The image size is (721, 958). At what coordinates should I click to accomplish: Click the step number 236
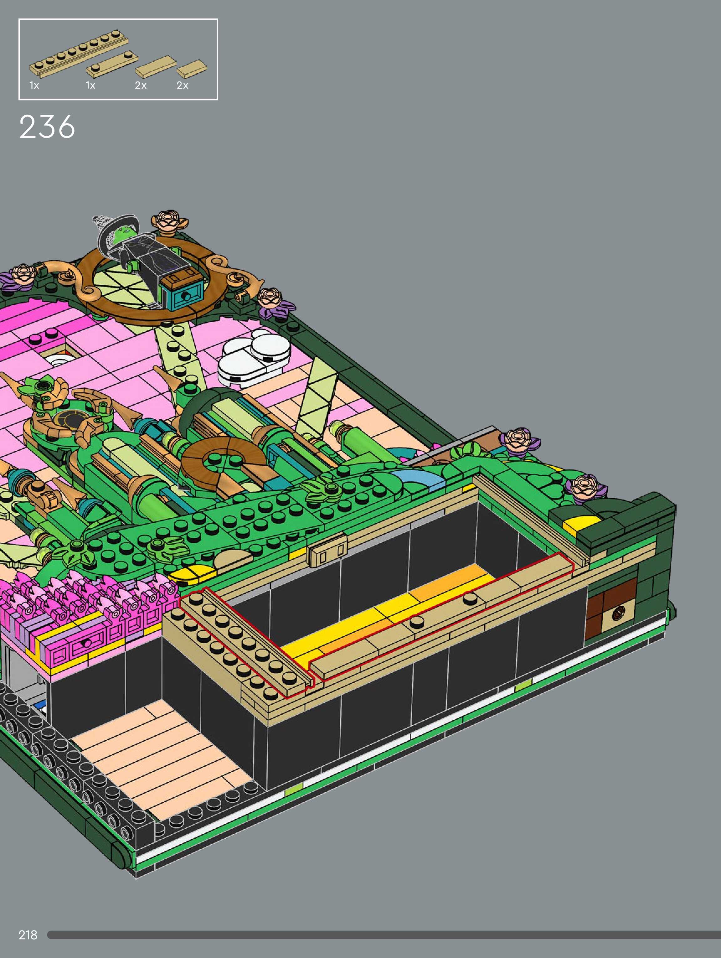pos(47,127)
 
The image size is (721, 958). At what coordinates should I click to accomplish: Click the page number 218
pos(28,935)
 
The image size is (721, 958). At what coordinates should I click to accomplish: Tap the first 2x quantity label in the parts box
pos(141,85)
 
